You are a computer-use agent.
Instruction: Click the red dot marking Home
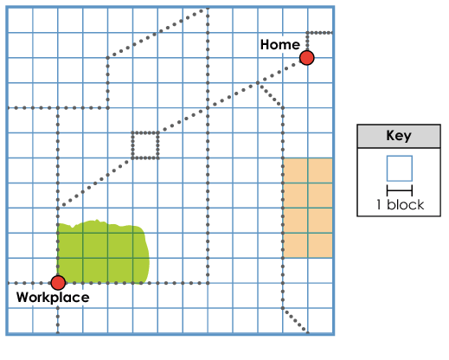coord(306,58)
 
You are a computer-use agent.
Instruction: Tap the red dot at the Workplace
coord(58,283)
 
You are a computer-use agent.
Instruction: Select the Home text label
coord(280,45)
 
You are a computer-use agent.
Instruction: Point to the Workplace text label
coord(53,298)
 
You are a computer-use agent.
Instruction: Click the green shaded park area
coord(103,252)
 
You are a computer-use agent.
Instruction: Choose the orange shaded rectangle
coord(308,208)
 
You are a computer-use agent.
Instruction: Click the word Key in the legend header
coord(399,136)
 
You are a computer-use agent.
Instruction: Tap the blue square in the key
coord(400,169)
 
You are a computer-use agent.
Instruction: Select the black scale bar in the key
coord(400,190)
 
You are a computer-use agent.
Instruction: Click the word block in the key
coord(406,205)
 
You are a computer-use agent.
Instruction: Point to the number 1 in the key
coord(379,205)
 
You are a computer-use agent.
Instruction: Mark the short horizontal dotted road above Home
coord(320,33)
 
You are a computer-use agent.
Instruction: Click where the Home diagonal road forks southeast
coord(258,83)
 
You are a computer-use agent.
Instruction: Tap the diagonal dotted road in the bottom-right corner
coord(295,320)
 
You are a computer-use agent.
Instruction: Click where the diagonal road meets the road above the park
coord(58,208)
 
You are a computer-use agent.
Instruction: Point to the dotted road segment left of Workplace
coord(29,283)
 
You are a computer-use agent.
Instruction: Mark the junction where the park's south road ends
coord(208,283)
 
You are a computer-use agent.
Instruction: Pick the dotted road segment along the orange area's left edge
coord(283,208)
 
